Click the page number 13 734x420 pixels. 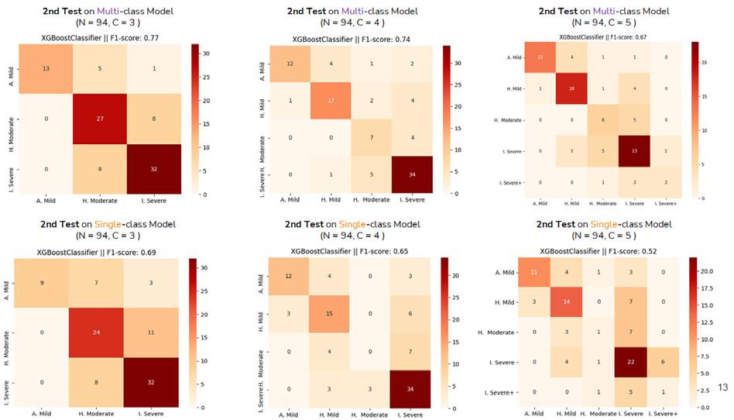click(725, 386)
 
